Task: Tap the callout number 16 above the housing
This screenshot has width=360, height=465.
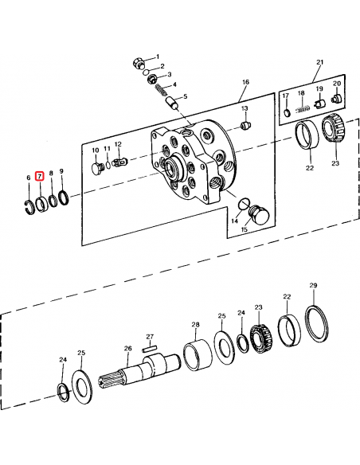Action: [x=245, y=82]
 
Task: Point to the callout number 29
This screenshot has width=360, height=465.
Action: [x=313, y=285]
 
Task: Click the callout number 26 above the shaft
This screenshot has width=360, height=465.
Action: [x=127, y=349]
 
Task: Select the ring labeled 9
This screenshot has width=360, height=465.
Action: [x=65, y=197]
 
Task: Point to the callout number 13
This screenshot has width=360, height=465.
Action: [x=245, y=108]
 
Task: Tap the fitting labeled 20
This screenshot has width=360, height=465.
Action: [x=335, y=99]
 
